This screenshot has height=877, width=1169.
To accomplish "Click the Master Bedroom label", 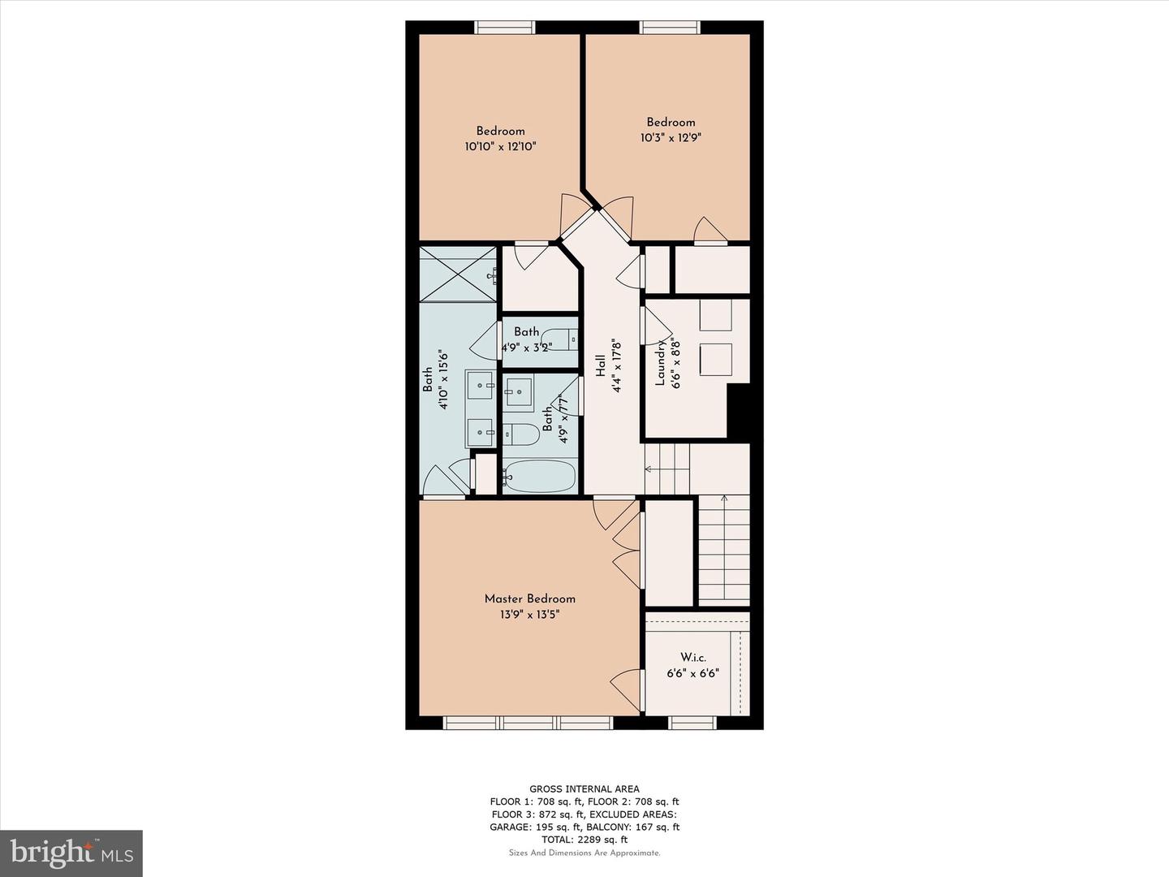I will (529, 598).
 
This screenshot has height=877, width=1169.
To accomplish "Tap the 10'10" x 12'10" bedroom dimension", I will (500, 147).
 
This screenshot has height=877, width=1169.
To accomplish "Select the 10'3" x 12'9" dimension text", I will (671, 138).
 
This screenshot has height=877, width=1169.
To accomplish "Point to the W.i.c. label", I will (692, 657).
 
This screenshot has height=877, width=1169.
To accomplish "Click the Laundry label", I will (660, 362).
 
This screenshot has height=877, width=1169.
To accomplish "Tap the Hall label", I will (601, 366).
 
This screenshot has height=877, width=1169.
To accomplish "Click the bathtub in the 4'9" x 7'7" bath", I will (539, 476).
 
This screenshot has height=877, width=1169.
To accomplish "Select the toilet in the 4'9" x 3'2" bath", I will (559, 339).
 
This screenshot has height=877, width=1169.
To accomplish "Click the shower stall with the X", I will (457, 274).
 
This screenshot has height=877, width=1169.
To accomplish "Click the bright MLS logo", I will (71, 853).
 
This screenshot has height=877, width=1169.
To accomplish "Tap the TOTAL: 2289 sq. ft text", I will (584, 840).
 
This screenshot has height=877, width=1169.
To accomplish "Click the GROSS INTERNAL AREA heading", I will (584, 788).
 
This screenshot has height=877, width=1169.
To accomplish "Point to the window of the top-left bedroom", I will (505, 28).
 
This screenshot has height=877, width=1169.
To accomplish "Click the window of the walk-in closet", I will (692, 722).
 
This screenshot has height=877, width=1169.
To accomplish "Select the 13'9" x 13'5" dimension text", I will (529, 615).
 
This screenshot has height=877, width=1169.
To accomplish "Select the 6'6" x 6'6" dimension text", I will (692, 673).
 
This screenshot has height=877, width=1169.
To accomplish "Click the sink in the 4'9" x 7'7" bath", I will (518, 391).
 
